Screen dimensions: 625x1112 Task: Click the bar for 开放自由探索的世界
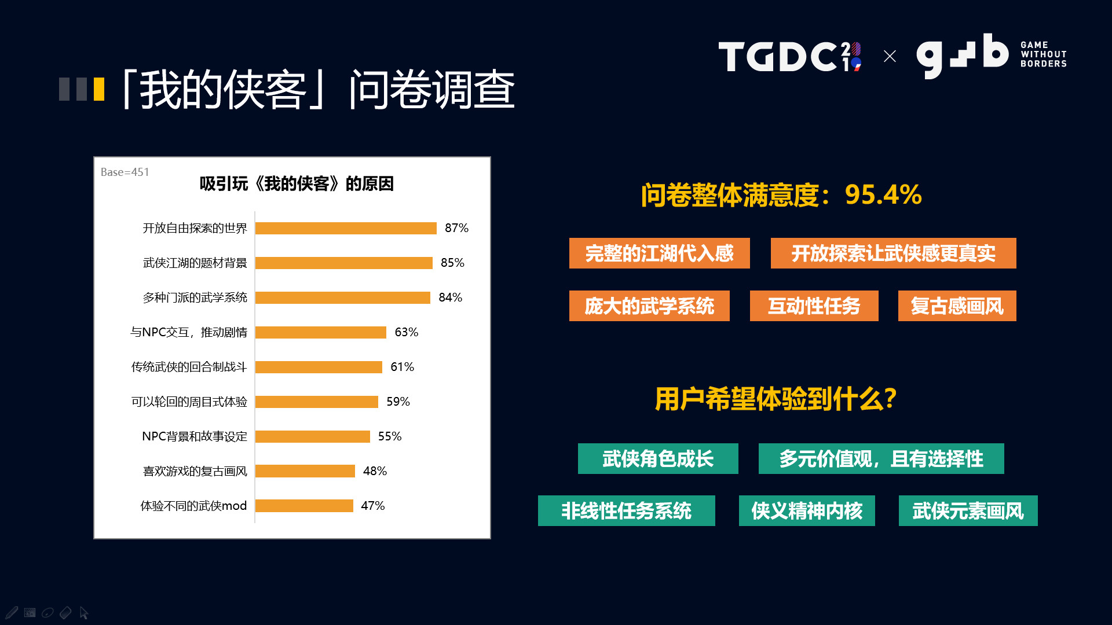click(346, 228)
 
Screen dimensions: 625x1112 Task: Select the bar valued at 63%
click(320, 332)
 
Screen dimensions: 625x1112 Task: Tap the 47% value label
click(372, 506)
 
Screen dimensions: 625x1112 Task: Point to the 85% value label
click(452, 263)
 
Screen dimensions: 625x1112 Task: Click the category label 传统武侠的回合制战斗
click(189, 367)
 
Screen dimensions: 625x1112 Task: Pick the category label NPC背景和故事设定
click(194, 436)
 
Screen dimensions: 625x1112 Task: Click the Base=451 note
click(125, 172)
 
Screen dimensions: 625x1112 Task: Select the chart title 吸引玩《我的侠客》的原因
click(297, 184)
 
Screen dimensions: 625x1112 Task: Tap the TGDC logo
click(789, 56)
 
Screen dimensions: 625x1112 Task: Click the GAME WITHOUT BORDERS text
click(1043, 54)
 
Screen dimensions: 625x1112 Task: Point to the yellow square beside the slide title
click(99, 89)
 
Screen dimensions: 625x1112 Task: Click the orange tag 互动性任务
click(814, 306)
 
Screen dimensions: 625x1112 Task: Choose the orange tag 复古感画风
click(957, 306)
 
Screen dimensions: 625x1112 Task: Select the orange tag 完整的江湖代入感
click(659, 253)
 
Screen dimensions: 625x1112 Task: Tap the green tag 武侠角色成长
click(658, 458)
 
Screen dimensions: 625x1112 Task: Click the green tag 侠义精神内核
click(807, 510)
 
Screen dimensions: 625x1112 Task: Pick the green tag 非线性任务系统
click(626, 510)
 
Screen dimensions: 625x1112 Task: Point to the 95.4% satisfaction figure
click(883, 194)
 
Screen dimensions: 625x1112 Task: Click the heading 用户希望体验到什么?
click(776, 399)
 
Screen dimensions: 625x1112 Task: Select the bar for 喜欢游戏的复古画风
click(305, 471)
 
